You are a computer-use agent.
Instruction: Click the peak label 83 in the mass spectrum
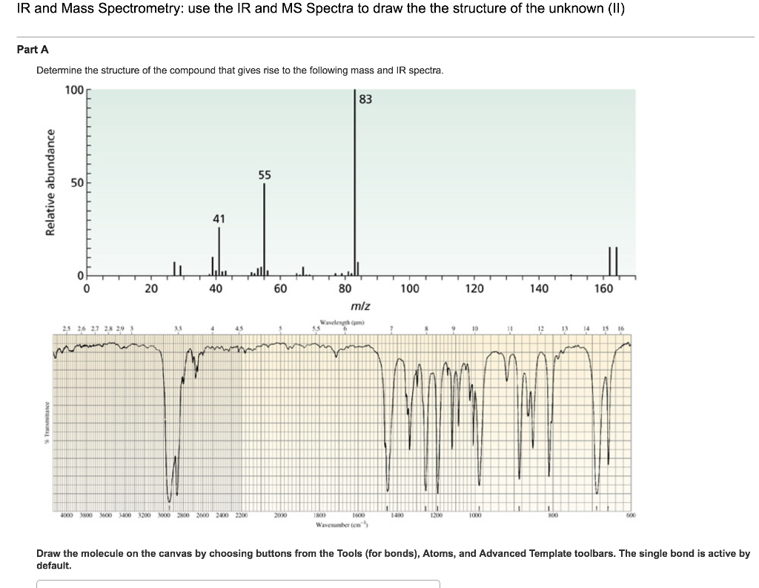(x=365, y=99)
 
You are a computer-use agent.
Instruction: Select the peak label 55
(x=265, y=176)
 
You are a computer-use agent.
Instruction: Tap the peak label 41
(x=219, y=219)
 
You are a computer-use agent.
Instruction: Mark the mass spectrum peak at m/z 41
(x=219, y=248)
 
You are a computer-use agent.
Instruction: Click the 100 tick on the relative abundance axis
(x=74, y=90)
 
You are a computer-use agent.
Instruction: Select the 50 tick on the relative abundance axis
(x=76, y=182)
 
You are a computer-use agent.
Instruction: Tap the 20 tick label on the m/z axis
(x=150, y=289)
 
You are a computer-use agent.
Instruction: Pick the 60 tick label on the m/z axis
(x=280, y=289)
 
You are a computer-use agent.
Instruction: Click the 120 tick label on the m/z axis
(x=474, y=289)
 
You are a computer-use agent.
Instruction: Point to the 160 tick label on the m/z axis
(x=603, y=289)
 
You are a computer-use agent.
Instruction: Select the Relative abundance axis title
(x=51, y=182)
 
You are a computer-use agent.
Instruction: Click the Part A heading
(x=33, y=50)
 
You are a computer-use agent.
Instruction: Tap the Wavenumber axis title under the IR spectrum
(x=343, y=524)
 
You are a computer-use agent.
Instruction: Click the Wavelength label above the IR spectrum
(x=343, y=323)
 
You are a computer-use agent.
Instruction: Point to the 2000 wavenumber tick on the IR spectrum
(x=280, y=515)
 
